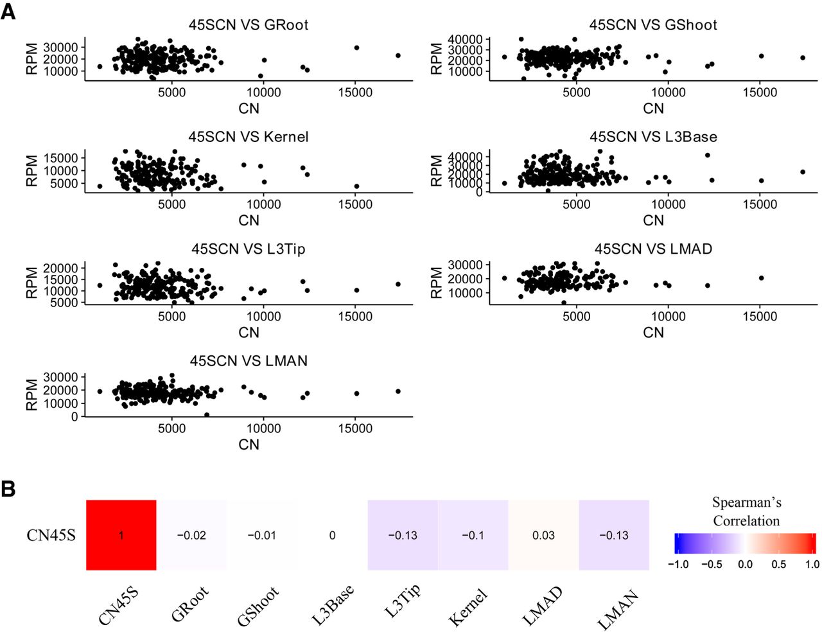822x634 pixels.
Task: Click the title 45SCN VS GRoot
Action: click(x=248, y=25)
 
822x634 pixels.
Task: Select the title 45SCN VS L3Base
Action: click(x=653, y=137)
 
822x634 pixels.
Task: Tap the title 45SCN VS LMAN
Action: click(x=248, y=361)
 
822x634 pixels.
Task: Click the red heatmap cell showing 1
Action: click(x=121, y=535)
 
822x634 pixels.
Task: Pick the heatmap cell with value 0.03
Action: click(x=543, y=535)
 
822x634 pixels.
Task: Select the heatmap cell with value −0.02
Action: click(x=191, y=535)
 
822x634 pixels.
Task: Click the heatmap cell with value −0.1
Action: click(x=473, y=535)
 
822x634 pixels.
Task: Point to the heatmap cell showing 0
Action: click(x=332, y=535)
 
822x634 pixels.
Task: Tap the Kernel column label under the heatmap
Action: click(x=468, y=606)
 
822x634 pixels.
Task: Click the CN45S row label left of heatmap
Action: click(x=51, y=535)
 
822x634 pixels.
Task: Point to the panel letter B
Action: click(x=8, y=489)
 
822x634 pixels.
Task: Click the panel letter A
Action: click(x=8, y=11)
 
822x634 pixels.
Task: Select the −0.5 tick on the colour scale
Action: click(x=711, y=564)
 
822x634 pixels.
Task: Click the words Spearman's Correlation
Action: click(x=746, y=511)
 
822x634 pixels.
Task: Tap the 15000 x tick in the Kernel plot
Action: click(x=355, y=204)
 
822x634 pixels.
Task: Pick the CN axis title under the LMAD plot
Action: click(x=653, y=332)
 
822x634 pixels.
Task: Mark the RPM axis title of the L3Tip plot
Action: click(x=32, y=283)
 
